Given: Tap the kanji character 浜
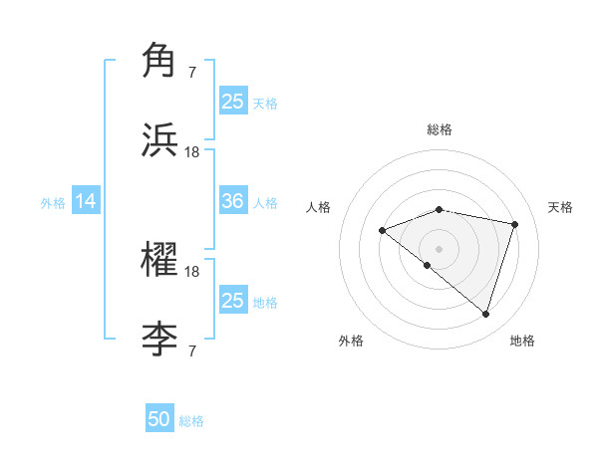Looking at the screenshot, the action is (x=160, y=140).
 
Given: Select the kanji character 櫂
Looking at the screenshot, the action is (x=160, y=261).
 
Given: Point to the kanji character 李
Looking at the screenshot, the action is (x=160, y=341).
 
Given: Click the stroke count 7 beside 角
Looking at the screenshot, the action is (x=191, y=72).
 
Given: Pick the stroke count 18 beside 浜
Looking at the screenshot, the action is (x=192, y=152).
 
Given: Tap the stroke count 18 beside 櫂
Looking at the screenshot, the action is (x=192, y=272).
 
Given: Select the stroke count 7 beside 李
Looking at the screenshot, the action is (x=191, y=351).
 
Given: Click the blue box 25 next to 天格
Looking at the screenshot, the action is (x=233, y=101).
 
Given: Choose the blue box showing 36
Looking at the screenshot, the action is (x=233, y=201).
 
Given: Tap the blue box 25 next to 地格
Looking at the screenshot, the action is (x=233, y=301).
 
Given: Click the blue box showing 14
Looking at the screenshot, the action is (x=86, y=202).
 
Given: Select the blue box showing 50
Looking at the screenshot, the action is (x=159, y=419).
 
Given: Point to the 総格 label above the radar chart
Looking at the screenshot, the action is (x=440, y=129).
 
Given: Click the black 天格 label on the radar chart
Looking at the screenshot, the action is (x=561, y=207).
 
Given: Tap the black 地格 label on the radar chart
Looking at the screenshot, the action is (x=522, y=341).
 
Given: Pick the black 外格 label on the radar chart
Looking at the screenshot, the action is (x=351, y=341).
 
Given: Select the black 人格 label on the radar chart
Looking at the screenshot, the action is (x=319, y=207).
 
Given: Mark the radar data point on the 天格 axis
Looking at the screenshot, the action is (x=515, y=224).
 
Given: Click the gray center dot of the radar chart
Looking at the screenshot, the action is (x=440, y=248).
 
